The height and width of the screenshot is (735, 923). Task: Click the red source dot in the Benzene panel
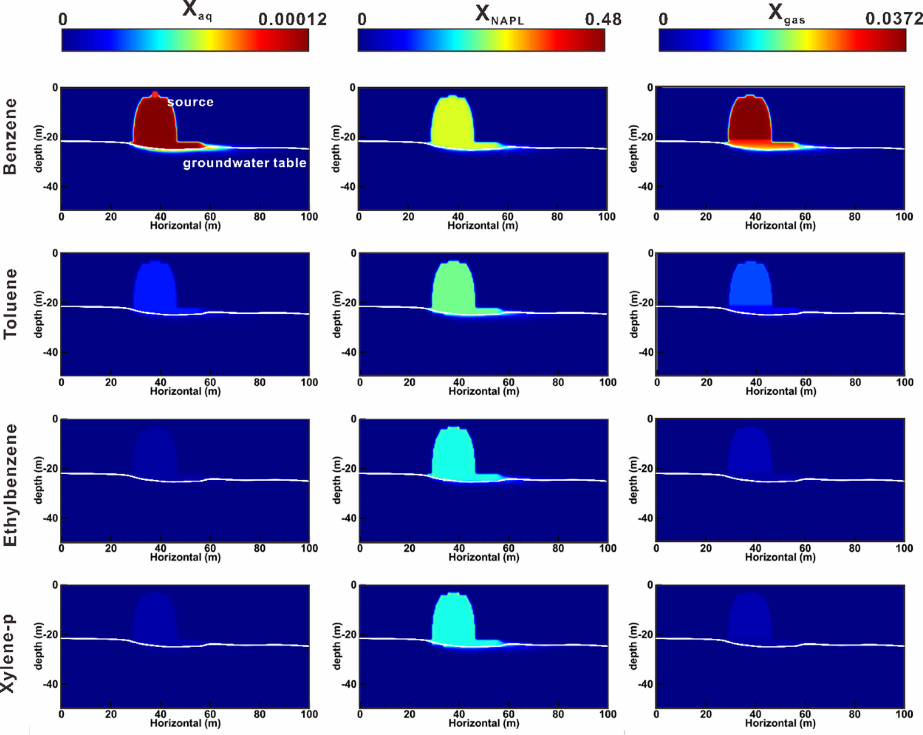[155, 94]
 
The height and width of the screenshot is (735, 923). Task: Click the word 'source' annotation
[190, 102]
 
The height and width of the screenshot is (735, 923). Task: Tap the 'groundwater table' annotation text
[244, 163]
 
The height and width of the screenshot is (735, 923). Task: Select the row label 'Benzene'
[10, 136]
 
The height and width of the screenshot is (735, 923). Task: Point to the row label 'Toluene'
[10, 304]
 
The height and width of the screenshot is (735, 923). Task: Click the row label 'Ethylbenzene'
[10, 485]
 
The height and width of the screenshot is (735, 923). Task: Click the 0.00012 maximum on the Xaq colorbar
[292, 19]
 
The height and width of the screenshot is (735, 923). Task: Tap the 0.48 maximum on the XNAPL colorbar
[603, 19]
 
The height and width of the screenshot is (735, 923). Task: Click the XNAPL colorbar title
[499, 15]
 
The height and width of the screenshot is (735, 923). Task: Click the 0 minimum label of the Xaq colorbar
[63, 19]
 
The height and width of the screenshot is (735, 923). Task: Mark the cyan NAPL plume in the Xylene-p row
[453, 621]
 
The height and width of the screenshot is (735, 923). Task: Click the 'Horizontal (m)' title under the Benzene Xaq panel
[185, 226]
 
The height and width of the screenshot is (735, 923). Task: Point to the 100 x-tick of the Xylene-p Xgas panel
[904, 714]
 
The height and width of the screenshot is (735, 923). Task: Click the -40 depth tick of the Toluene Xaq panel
[50, 352]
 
